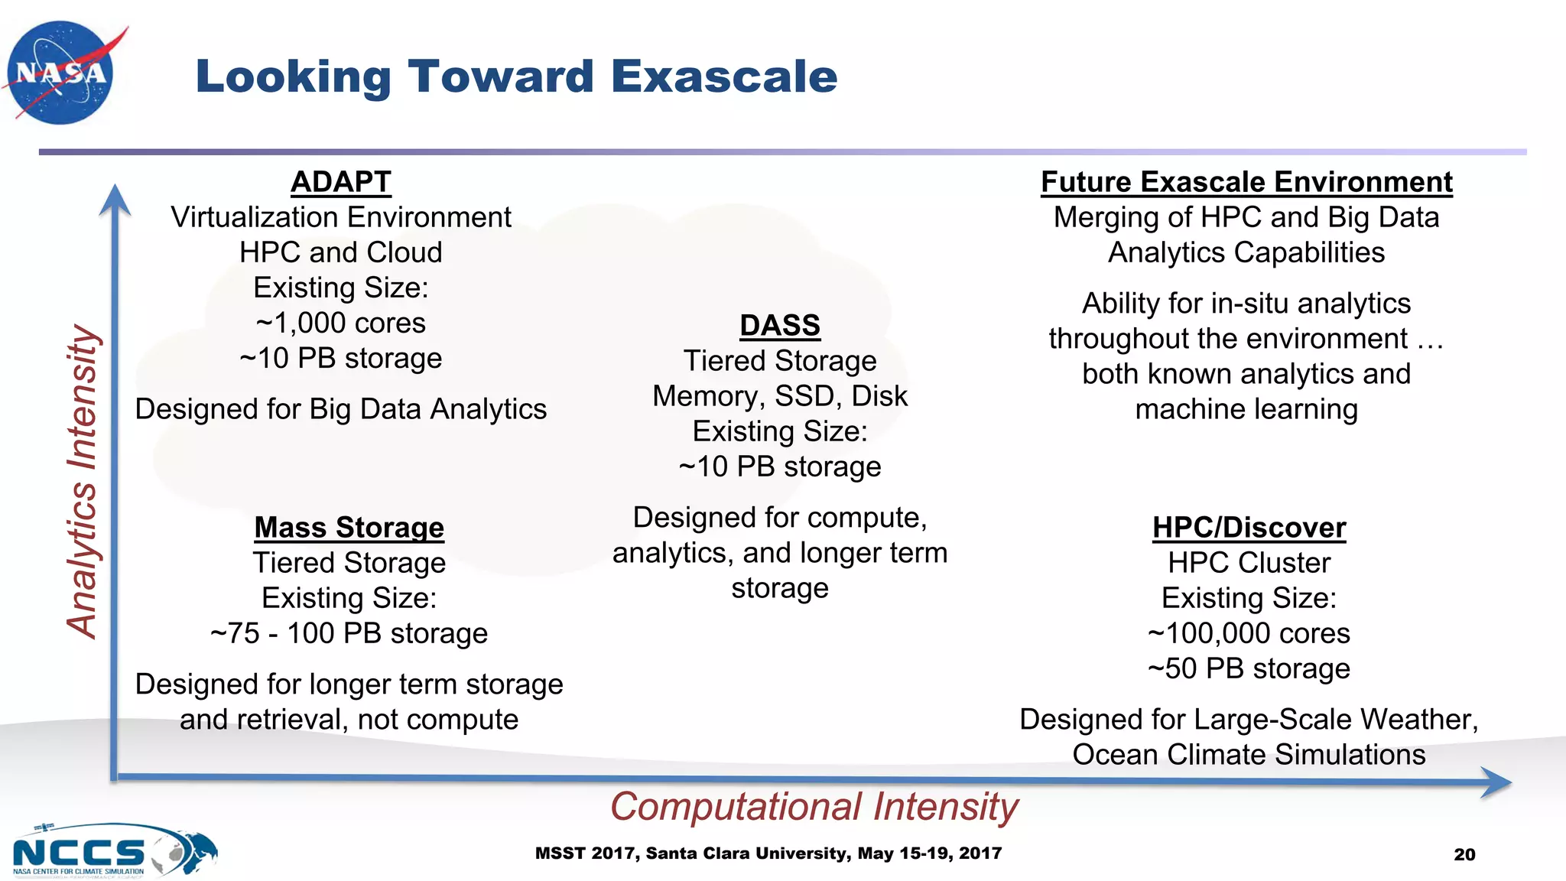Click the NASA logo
click(61, 73)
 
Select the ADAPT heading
click(341, 182)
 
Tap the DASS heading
click(779, 326)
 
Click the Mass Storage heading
click(349, 528)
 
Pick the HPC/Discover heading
click(1249, 528)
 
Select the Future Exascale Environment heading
click(1246, 182)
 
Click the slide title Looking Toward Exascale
click(516, 76)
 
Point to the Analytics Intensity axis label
click(83, 482)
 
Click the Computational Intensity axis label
click(814, 807)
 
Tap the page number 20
click(1464, 854)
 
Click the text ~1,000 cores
click(341, 323)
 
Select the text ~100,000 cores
click(1249, 633)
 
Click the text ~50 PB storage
click(1249, 668)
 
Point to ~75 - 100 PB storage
click(349, 633)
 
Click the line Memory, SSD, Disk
click(779, 396)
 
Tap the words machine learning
click(1246, 409)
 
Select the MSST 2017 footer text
click(768, 853)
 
